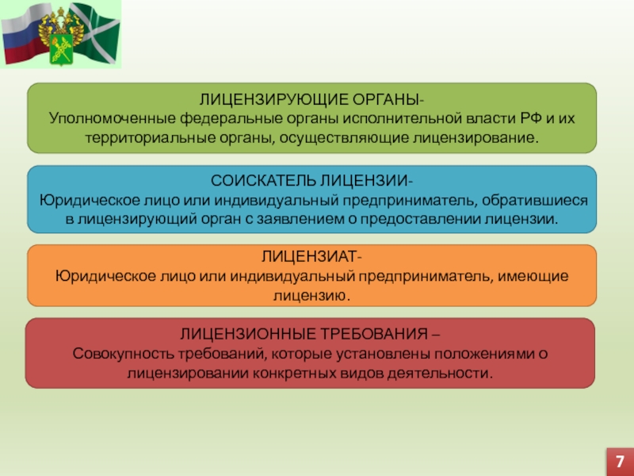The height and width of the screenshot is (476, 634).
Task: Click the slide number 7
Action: [620, 462]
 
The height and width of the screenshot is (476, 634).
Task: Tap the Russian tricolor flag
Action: [25, 34]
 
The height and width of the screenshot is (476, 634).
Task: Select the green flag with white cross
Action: [95, 33]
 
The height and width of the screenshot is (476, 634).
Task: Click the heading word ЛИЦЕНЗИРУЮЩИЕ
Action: [273, 100]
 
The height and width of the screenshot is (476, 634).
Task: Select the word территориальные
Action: [150, 138]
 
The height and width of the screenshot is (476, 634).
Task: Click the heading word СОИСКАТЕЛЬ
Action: [263, 181]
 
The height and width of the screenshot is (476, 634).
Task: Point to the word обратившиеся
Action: [534, 201]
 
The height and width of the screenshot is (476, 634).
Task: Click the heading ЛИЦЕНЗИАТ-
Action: [311, 256]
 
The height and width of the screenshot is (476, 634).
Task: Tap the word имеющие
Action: [533, 276]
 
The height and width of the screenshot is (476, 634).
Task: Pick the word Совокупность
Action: [124, 354]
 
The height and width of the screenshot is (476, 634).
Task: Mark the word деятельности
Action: [440, 373]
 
